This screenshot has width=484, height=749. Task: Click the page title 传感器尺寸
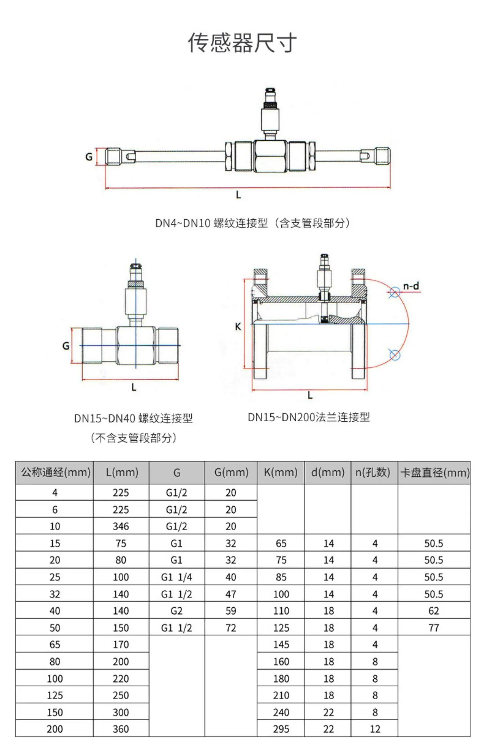242,43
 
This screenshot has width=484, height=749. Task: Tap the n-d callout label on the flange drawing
411,286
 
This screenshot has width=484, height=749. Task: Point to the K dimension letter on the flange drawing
238,326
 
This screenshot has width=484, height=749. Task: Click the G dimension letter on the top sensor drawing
89,157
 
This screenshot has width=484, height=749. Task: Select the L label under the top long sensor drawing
238,195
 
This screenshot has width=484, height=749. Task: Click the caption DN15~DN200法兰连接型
309,417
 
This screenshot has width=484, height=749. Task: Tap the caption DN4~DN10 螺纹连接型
212,223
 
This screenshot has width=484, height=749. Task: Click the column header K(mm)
280,473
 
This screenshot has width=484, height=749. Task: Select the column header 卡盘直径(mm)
435,473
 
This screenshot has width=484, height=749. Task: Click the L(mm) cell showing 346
121,526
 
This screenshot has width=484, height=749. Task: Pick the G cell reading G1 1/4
176,577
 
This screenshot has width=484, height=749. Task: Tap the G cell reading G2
176,611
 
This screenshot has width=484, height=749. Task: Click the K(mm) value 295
281,729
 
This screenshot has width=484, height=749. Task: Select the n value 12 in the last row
375,729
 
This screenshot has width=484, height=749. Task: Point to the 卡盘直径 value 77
434,628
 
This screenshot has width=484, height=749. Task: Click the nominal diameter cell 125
55,695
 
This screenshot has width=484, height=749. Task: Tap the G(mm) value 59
231,611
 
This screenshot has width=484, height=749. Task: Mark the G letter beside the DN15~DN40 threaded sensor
66,346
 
